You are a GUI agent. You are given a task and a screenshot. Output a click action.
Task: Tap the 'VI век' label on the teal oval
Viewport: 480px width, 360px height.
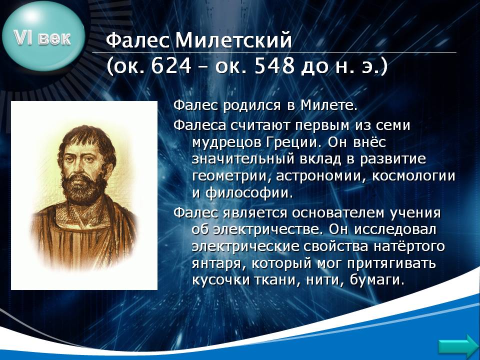[42, 38]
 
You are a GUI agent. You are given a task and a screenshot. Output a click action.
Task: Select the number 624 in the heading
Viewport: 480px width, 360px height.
[171, 66]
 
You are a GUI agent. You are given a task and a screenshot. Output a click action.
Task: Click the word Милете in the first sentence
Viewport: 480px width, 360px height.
[329, 105]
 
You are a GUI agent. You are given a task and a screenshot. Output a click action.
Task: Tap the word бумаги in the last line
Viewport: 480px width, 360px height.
[377, 280]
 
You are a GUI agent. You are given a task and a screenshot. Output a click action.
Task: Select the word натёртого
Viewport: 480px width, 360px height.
[409, 246]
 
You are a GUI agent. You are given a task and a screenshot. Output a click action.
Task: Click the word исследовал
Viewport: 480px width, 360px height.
[395, 229]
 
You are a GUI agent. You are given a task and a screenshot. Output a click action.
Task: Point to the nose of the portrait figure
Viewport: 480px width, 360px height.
[82, 167]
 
